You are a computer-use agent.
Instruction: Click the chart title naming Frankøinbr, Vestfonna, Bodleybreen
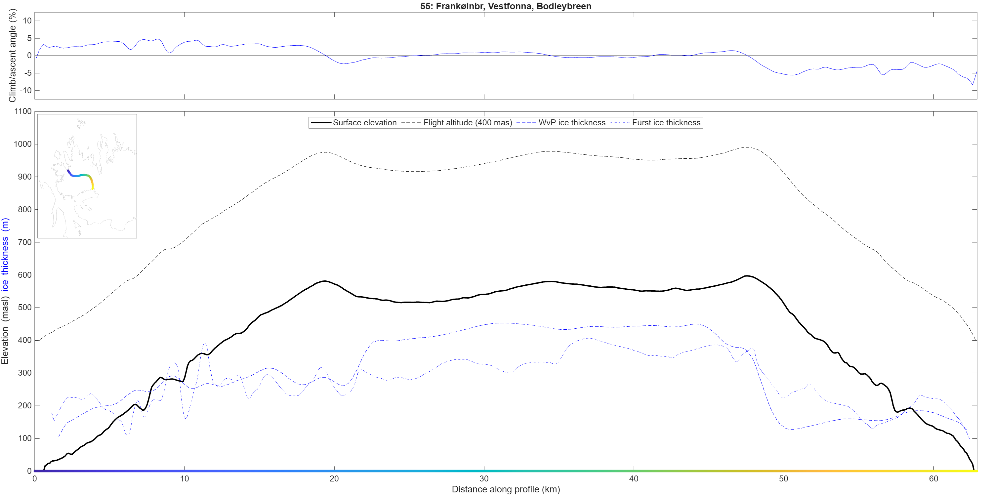(x=506, y=6)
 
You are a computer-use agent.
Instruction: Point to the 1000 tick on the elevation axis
(x=23, y=144)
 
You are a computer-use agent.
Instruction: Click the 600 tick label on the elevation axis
(x=25, y=275)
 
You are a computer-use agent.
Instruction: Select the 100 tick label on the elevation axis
(x=25, y=438)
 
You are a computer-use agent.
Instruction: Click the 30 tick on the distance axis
(x=484, y=479)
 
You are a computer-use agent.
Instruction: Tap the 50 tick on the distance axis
(x=784, y=479)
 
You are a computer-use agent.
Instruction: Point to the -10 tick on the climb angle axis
(x=26, y=91)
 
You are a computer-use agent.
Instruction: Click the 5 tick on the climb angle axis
(x=29, y=38)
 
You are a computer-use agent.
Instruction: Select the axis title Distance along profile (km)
(x=506, y=489)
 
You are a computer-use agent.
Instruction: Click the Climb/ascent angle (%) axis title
(x=12, y=56)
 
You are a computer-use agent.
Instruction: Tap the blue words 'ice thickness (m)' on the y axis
(x=5, y=255)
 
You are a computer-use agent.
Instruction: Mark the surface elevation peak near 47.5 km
(x=747, y=276)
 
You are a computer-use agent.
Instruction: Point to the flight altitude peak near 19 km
(x=325, y=152)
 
